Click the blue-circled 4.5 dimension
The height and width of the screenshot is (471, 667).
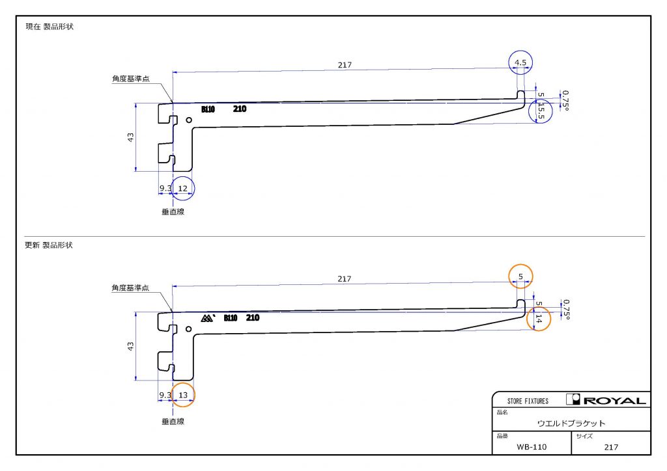tap(520, 62)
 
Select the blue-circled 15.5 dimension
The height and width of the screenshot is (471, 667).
tap(541, 111)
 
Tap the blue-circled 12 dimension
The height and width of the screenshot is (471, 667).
tap(182, 188)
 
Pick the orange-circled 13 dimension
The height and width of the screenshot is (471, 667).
tap(183, 395)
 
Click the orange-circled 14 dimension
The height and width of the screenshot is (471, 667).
tap(539, 319)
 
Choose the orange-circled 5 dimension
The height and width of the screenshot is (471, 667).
tap(520, 276)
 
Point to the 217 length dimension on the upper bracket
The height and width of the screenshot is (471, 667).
tap(345, 65)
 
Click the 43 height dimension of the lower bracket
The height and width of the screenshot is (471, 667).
tap(130, 346)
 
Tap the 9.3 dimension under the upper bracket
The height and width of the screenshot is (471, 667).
tap(165, 188)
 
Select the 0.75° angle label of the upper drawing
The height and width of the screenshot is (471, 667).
tap(566, 101)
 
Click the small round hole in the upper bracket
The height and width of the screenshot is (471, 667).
tap(189, 120)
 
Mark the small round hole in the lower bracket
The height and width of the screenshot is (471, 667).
tap(188, 329)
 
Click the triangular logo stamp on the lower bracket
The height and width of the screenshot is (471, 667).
tap(208, 318)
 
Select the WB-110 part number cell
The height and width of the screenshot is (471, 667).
tap(532, 447)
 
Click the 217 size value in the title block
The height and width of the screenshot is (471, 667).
tap(611, 447)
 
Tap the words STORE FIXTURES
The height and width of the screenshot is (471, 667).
tap(528, 401)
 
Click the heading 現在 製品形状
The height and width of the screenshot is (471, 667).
tap(50, 26)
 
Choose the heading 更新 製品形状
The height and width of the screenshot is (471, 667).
tap(49, 245)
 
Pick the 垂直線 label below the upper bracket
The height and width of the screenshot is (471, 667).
tap(173, 211)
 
